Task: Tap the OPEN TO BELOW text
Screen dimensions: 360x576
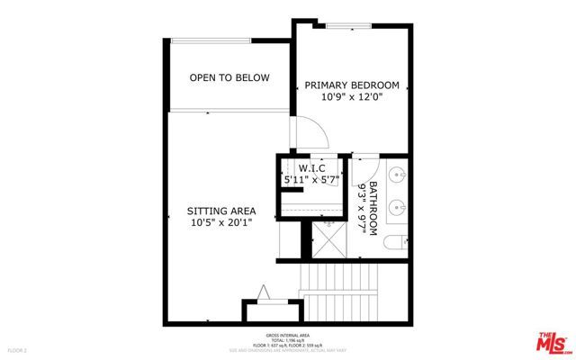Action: (x=229, y=78)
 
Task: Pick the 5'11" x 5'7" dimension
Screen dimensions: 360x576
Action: (x=310, y=180)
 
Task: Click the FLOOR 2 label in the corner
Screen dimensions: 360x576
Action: (x=18, y=348)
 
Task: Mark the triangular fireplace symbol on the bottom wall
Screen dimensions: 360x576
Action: (x=264, y=292)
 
